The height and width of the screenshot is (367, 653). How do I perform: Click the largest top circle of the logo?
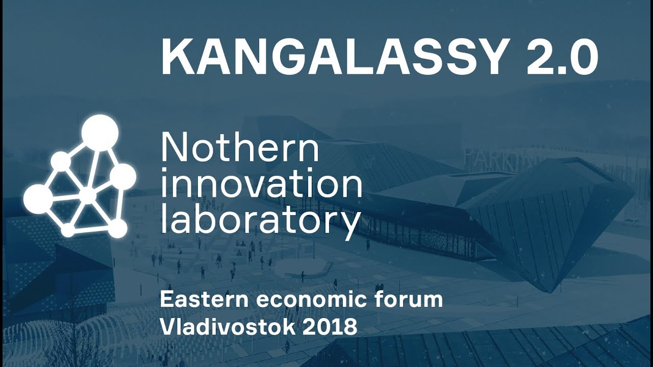point(100,133)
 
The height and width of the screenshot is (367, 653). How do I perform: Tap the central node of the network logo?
point(88,195)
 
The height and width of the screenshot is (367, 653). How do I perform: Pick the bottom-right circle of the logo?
point(117,228)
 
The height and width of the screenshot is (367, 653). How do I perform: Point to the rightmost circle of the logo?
point(123,177)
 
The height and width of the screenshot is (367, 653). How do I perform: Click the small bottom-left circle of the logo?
point(68,230)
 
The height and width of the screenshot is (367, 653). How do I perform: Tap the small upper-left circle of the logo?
point(61,161)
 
